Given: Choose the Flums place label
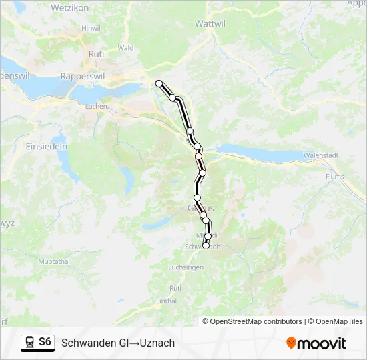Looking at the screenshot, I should point(335,177).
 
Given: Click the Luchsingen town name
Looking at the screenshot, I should point(186,267).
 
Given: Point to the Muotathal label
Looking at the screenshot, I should point(54,261).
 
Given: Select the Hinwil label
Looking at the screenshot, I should point(90,28).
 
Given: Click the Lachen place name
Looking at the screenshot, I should point(97,106).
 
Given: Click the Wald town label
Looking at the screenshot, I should point(125,48).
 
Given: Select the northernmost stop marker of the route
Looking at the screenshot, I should point(159,83).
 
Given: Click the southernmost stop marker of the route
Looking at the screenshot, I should point(206,245).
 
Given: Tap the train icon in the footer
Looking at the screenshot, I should point(29,343).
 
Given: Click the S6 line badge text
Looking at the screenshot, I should point(45,342).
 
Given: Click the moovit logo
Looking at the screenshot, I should point(316,343).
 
